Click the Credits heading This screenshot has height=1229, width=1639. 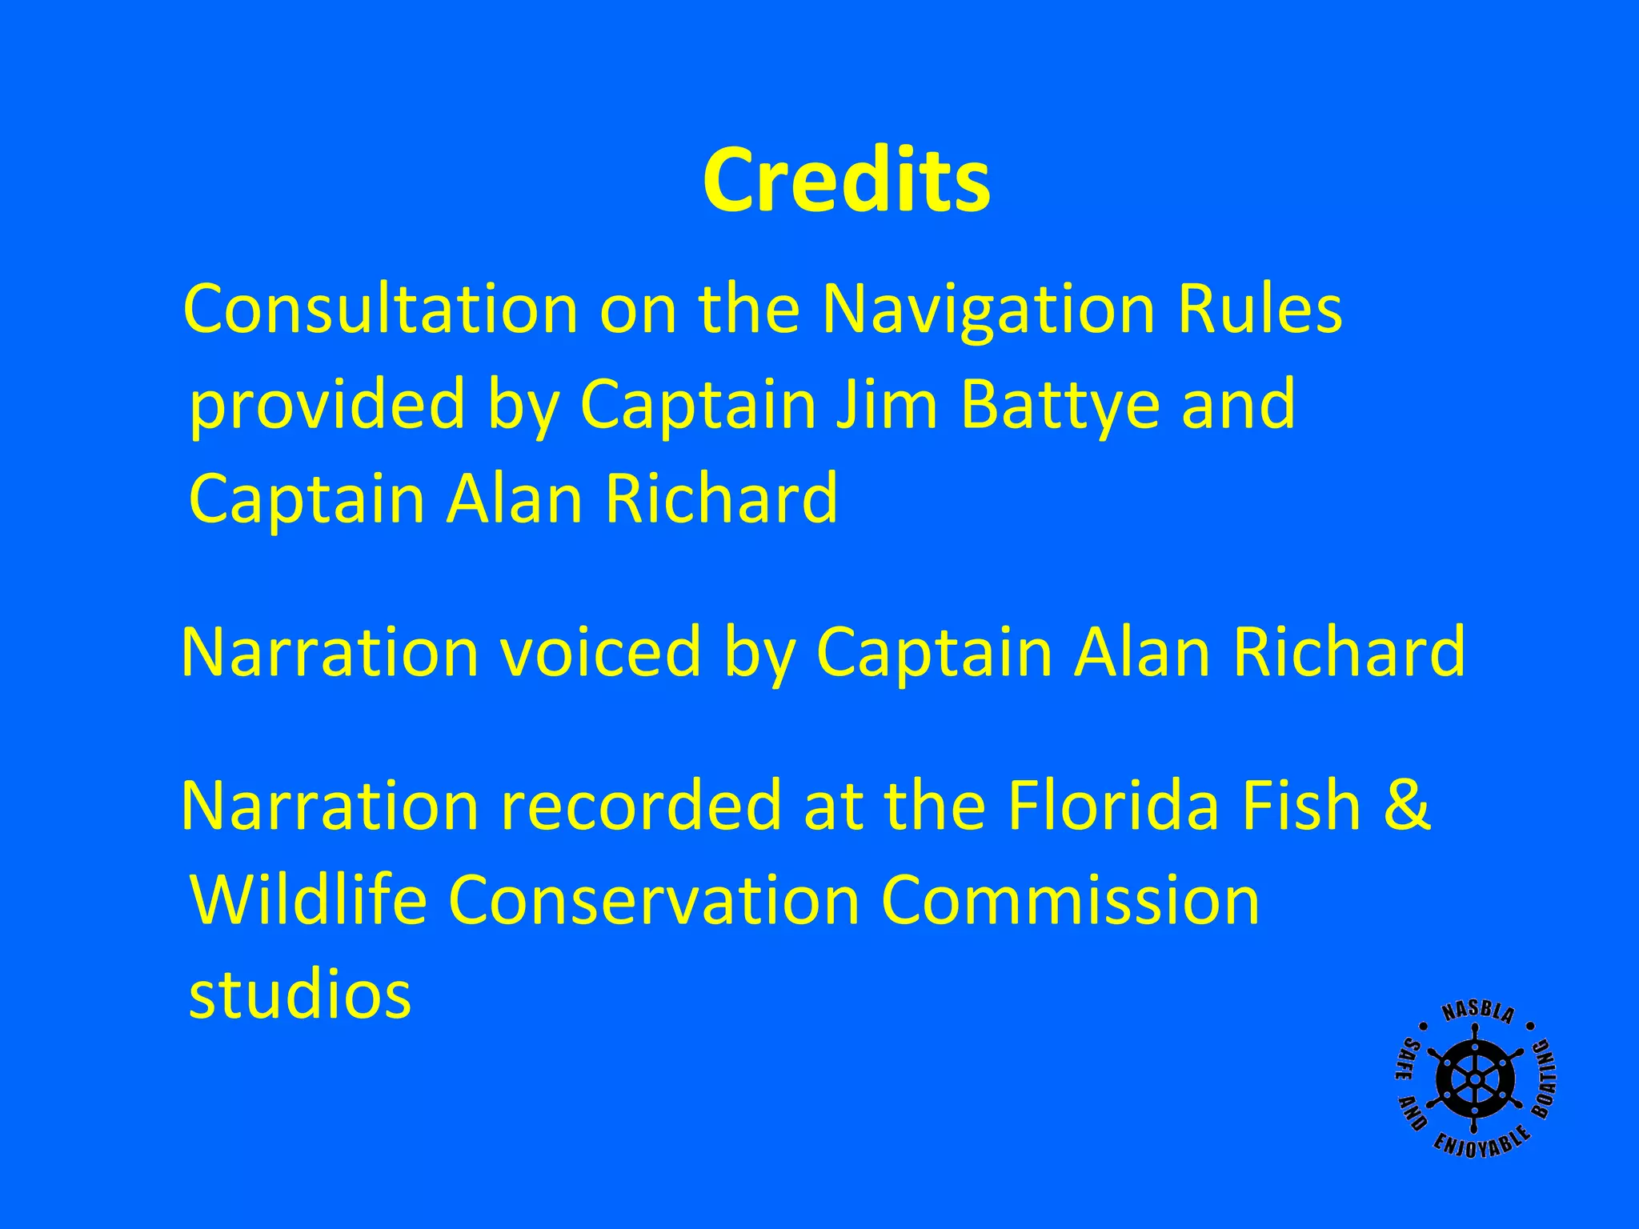point(846,180)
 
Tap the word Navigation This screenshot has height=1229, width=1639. point(988,310)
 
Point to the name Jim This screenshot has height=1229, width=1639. point(885,403)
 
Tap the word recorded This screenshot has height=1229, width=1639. point(641,806)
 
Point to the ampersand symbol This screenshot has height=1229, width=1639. point(1407,806)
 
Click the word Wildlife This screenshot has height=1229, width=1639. point(308,900)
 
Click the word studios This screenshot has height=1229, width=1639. point(300,995)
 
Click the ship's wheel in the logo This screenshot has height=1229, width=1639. point(1474,1079)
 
